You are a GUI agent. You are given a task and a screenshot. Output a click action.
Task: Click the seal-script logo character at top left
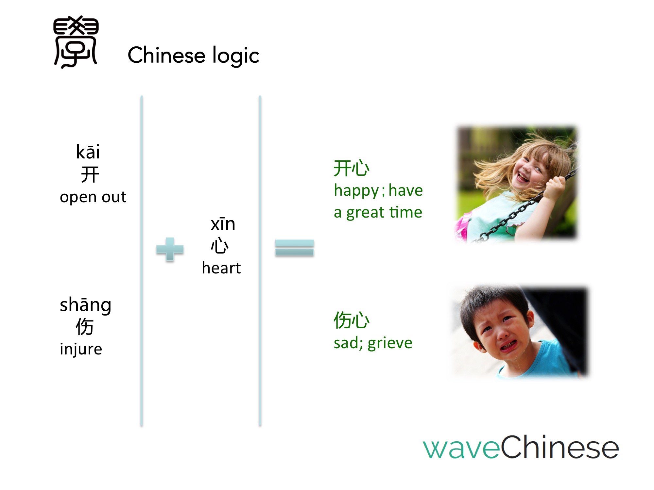point(76,42)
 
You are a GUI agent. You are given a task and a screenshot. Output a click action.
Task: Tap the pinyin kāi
point(88,152)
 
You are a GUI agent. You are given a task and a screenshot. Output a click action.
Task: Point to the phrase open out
point(93,197)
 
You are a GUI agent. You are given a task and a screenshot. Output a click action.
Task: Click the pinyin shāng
point(86,305)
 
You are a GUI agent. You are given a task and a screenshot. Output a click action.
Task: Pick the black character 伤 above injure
point(85,326)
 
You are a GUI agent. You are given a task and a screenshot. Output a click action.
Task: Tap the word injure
point(81,349)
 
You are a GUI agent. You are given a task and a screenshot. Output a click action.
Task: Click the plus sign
point(170,249)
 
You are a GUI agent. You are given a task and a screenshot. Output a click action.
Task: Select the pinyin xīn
point(223,224)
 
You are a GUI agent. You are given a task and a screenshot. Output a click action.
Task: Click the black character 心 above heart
point(219,246)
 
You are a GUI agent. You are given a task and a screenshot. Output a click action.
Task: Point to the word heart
point(221,268)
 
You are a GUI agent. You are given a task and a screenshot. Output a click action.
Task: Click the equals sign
point(295,248)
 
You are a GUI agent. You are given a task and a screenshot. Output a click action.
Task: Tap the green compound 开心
point(352,168)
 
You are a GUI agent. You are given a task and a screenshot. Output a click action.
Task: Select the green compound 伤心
point(352,320)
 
